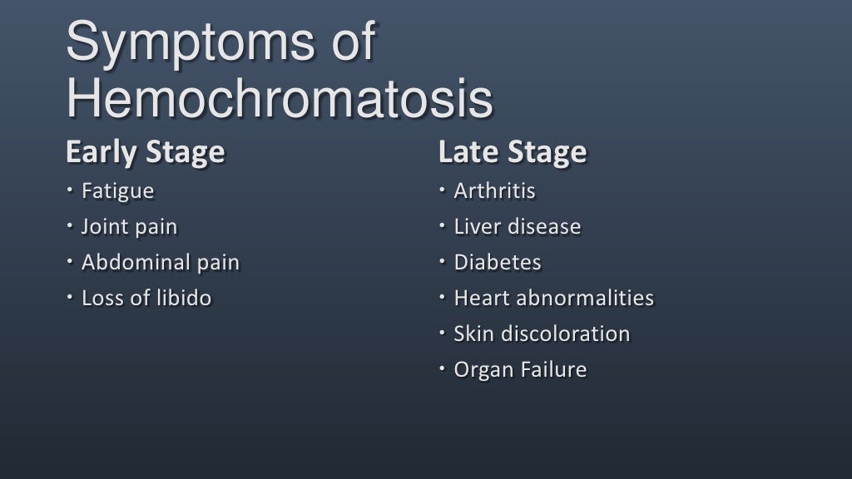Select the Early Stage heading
click(x=145, y=152)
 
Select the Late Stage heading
click(x=512, y=152)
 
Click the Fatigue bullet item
click(x=117, y=191)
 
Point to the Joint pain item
click(x=129, y=227)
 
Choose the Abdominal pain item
click(x=160, y=263)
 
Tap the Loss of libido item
click(x=146, y=299)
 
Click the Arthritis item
click(x=494, y=191)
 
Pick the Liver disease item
click(x=517, y=227)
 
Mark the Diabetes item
click(x=497, y=263)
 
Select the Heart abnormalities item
click(x=553, y=299)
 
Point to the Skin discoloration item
click(x=542, y=334)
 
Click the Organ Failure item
click(x=520, y=370)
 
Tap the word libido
click(x=183, y=299)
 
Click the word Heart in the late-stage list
click(x=478, y=299)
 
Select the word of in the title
click(x=349, y=43)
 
